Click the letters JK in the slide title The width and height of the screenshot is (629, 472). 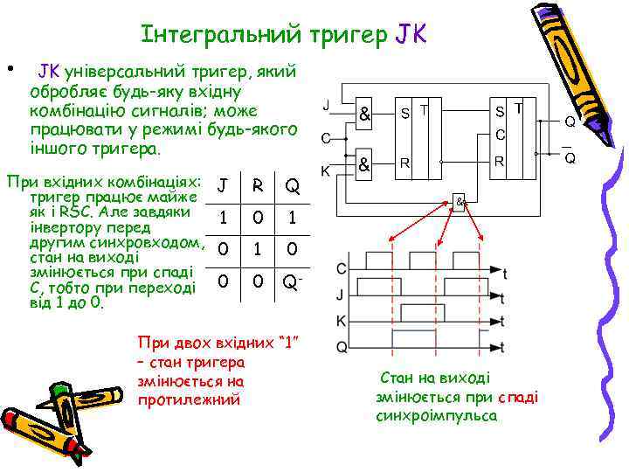pos(410,35)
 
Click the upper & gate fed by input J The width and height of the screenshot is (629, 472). pos(364,114)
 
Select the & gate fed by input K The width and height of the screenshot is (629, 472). pos(364,163)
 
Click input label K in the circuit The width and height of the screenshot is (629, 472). pos(326,172)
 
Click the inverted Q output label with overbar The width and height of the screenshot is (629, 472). pos(569,156)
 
